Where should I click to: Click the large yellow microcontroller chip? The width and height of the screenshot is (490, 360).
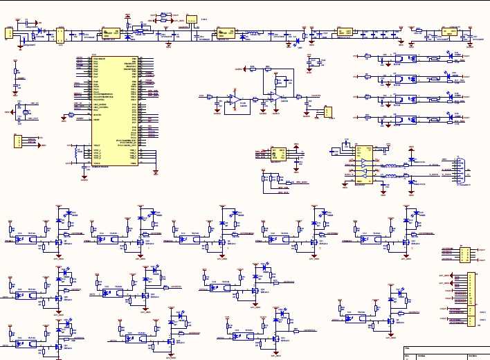[x=114, y=111]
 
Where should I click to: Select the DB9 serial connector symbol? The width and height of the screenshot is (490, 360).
[x=457, y=170]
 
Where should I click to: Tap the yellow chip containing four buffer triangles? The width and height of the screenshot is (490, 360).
[x=363, y=165]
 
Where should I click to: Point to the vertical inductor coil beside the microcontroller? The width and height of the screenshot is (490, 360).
[x=75, y=150]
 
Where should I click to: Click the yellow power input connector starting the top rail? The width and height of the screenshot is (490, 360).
[x=9, y=33]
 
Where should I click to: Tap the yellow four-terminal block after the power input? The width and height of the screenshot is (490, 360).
[x=60, y=35]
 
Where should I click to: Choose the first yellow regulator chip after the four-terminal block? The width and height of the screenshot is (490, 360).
[x=109, y=33]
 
